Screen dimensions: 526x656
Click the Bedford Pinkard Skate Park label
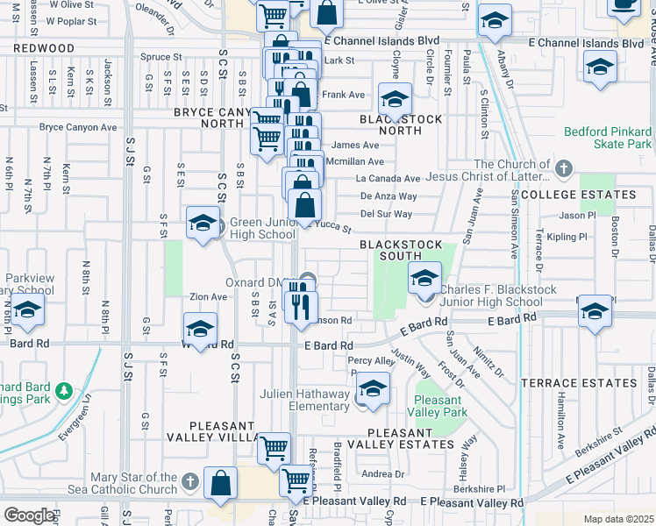tap(609, 138)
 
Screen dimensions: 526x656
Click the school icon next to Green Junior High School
tap(203, 224)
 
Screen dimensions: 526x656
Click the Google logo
tap(29, 515)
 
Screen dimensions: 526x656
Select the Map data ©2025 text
tap(618, 519)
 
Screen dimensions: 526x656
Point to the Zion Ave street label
tap(208, 297)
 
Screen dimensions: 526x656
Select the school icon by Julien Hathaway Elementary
tap(374, 392)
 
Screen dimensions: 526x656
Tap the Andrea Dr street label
tap(381, 474)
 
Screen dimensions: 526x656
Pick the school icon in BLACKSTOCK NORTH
tap(395, 100)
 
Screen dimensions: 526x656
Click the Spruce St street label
tap(160, 57)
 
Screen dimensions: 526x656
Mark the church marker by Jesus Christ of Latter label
tap(562, 167)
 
